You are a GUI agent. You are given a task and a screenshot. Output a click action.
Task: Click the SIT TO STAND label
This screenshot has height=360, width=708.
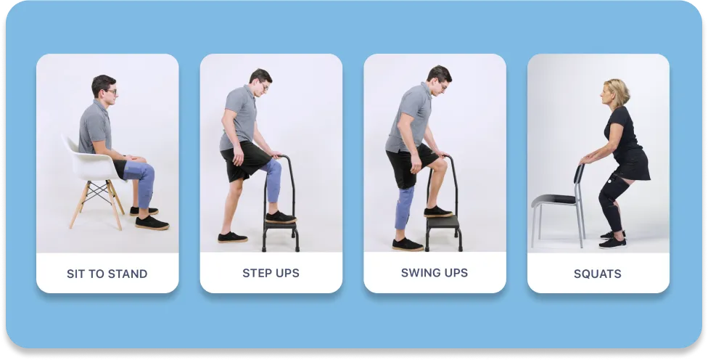(107, 274)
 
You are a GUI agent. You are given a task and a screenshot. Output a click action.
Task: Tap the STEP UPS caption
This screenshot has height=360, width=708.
(271, 273)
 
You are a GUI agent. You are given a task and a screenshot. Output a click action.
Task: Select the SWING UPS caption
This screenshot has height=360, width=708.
(435, 273)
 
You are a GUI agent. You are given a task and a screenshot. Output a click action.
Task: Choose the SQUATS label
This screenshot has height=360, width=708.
(598, 274)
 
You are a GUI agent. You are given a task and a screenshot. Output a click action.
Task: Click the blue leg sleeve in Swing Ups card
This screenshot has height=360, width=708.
(405, 208)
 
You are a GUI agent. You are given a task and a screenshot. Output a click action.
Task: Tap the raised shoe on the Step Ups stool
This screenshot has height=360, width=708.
(279, 216)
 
